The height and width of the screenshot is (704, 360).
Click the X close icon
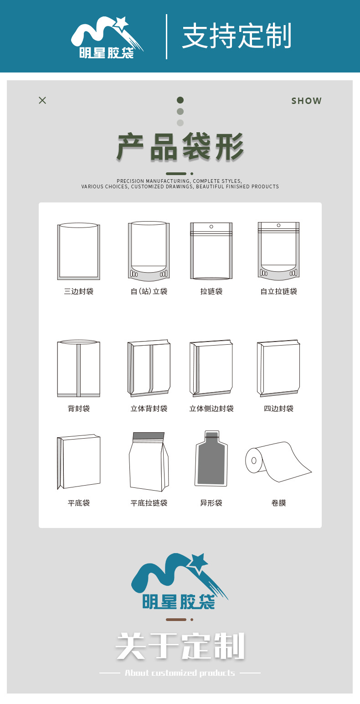point(42,100)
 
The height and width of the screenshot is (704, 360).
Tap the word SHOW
point(306,101)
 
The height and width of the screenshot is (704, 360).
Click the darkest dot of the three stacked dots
point(180,100)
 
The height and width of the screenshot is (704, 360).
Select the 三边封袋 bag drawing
point(78,251)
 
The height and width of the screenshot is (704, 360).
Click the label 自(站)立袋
point(149,291)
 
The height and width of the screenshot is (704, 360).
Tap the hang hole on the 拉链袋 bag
point(211,226)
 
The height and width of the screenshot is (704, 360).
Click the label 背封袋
point(79,409)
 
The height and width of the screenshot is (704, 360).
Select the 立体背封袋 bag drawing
point(149,368)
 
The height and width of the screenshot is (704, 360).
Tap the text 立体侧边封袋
point(211,409)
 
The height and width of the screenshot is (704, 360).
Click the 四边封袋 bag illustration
point(278,368)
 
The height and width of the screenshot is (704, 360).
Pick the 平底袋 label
point(79,503)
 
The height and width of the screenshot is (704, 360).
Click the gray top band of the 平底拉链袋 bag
point(149,435)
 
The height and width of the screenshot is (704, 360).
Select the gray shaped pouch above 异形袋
point(211,459)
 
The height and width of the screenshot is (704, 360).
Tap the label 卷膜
point(278,503)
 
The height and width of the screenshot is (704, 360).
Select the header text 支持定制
point(237,36)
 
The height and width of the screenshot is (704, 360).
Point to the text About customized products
point(180,673)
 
